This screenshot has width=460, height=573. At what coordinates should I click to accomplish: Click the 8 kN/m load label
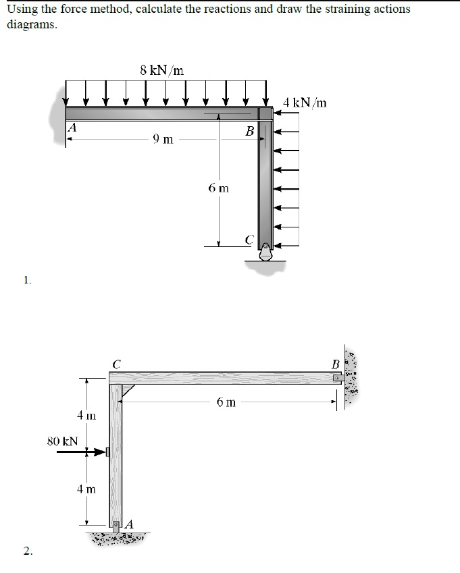point(162,70)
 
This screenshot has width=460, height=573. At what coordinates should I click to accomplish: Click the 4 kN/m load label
point(305,103)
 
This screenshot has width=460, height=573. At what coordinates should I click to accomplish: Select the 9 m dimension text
point(163,140)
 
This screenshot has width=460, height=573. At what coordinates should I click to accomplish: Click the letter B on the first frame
point(249,130)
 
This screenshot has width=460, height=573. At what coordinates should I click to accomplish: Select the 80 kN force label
point(62,441)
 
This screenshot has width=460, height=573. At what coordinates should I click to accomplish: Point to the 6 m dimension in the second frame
point(226,402)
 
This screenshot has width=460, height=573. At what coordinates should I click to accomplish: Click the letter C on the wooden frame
point(116,363)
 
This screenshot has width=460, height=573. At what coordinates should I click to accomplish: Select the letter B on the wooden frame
point(336,365)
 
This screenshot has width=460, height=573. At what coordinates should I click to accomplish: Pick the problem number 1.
point(26,280)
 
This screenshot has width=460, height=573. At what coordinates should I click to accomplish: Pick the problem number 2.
point(26,552)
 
